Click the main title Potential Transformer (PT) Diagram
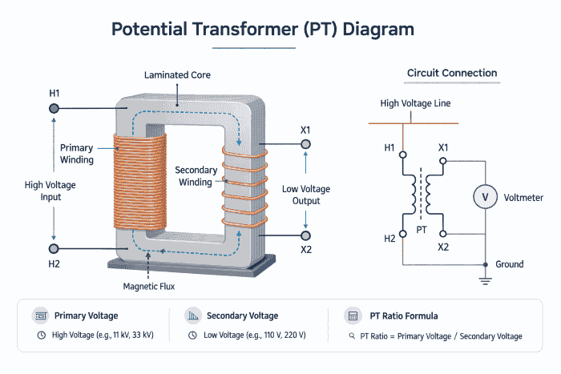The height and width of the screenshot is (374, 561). (x=263, y=30)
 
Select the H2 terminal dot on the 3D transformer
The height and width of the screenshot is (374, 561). (x=54, y=249)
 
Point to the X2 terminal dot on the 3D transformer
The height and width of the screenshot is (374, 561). (x=305, y=235)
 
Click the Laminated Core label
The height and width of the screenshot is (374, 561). (x=178, y=75)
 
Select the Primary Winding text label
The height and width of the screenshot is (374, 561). (x=77, y=154)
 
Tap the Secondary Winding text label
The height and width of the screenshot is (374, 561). (x=193, y=176)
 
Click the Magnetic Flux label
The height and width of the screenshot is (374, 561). (x=149, y=286)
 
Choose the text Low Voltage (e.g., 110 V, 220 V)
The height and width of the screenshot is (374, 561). (x=254, y=336)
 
